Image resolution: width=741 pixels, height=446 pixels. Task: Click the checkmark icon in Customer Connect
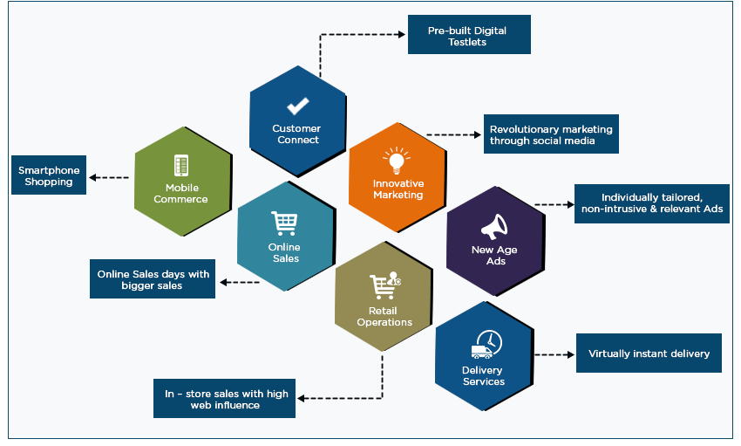(297, 106)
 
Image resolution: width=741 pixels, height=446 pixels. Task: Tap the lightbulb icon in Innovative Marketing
(397, 161)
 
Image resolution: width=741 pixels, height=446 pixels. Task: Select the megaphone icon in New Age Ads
(494, 227)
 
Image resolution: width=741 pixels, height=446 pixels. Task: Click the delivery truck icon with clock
(485, 345)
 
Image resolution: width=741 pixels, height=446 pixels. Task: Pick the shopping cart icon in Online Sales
(283, 223)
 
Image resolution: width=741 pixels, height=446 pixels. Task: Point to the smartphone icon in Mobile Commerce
(181, 165)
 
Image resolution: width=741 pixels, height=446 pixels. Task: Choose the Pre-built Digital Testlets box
(469, 36)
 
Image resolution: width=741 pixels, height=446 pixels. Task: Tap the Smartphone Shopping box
(49, 175)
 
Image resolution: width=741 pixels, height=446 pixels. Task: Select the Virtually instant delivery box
(649, 353)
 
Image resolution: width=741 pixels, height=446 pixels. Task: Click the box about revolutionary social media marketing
(551, 134)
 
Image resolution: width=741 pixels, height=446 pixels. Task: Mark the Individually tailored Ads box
(651, 202)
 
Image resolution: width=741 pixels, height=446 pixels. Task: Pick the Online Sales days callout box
(153, 279)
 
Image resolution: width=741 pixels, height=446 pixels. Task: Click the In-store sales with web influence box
(226, 399)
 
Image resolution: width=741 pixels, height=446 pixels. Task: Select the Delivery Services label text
(483, 376)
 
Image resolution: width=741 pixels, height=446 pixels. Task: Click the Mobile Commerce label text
(181, 193)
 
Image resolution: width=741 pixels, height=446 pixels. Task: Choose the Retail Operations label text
(384, 316)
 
